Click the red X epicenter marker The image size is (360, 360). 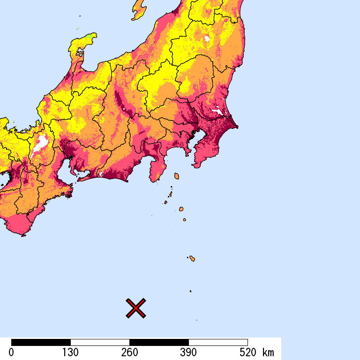(x=136, y=308)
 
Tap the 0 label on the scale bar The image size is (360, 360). (x=11, y=352)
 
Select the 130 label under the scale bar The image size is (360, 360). (x=70, y=352)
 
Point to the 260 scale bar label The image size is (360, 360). (x=129, y=352)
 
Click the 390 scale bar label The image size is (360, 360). (x=188, y=352)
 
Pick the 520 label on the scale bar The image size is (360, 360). (x=247, y=352)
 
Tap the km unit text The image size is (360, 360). (x=269, y=352)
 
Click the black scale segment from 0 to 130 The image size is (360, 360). (x=41, y=342)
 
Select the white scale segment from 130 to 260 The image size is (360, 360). (x=100, y=342)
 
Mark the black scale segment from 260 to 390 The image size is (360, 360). (x=159, y=342)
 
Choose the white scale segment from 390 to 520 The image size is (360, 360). (x=218, y=342)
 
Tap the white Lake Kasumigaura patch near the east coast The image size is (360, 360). (x=217, y=111)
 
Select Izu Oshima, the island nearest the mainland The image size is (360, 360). (x=177, y=176)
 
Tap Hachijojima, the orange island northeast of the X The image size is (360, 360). (x=192, y=258)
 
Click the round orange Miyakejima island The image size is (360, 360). (x=181, y=209)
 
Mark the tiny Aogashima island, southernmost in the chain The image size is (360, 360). (x=190, y=291)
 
